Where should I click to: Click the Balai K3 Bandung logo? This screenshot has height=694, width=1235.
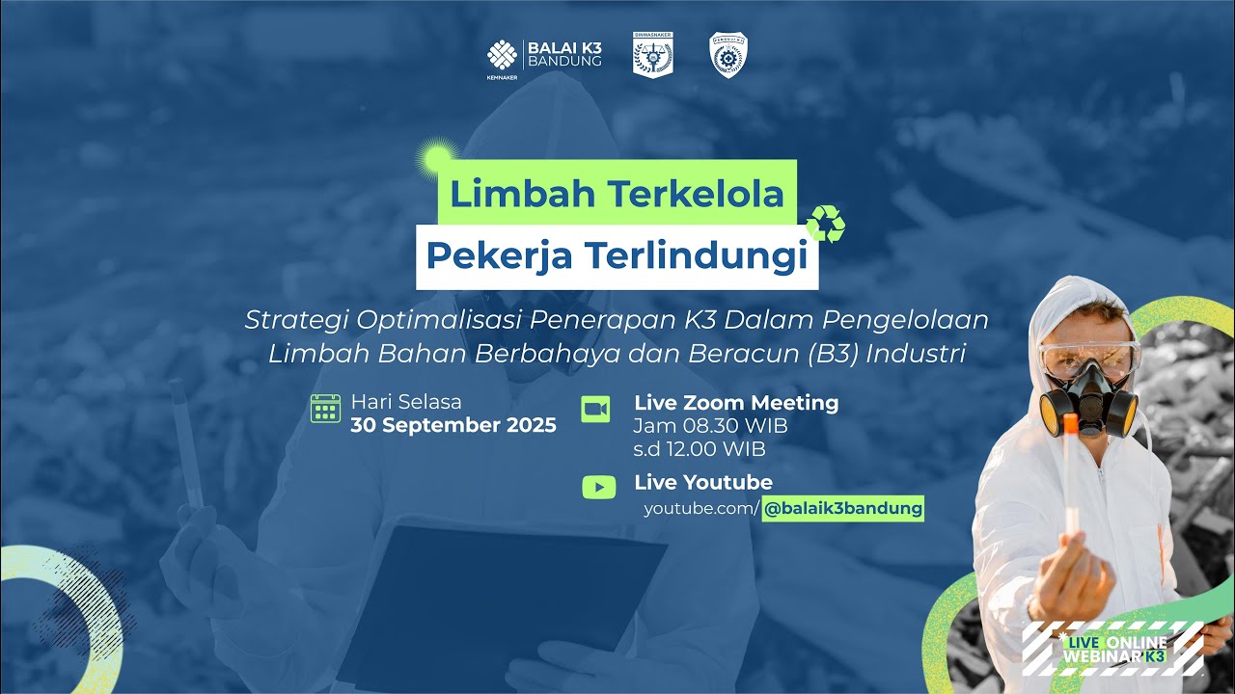pos(545,56)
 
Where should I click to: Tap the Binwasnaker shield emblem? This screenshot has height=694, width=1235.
pos(653,54)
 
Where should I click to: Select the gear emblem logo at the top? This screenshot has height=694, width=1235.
pos(727,54)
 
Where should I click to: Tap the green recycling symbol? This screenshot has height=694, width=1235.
pos(826,224)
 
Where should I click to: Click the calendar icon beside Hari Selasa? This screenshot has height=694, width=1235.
pos(325,409)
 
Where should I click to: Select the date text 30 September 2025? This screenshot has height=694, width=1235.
pos(453,425)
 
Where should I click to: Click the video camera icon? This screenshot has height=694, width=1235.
pos(595,410)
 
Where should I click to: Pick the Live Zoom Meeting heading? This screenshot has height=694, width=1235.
pos(736,403)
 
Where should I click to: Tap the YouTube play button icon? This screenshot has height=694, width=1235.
pos(598,487)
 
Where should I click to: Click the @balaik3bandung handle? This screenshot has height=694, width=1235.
pos(842,508)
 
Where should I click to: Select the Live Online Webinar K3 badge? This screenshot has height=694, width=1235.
pos(1114,649)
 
